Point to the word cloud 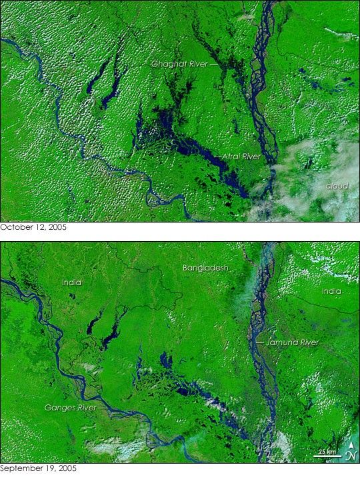pos(337,185)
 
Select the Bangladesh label pos(206,268)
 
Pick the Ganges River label pos(69,406)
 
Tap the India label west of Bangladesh pos(71,282)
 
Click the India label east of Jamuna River pos(331,292)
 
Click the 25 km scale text pos(326,452)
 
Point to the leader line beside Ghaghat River pos(215,65)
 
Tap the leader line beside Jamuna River pos(259,342)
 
